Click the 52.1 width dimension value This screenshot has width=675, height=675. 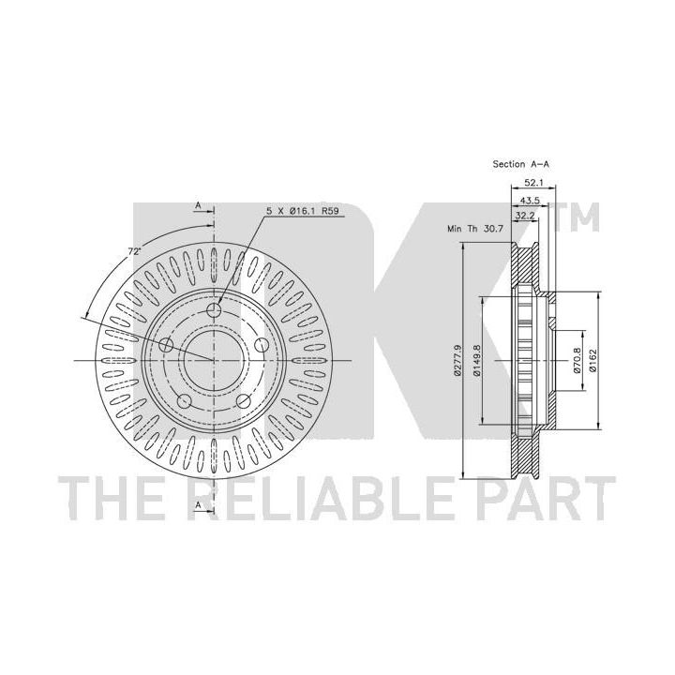click(x=533, y=183)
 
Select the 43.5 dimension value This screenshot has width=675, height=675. click(x=530, y=201)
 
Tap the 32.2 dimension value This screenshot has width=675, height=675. click(x=525, y=216)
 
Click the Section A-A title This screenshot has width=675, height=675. click(x=521, y=164)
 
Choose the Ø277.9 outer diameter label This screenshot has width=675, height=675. click(x=457, y=360)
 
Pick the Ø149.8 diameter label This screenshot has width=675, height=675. click(x=476, y=360)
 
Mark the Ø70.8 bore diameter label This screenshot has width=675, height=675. click(x=577, y=360)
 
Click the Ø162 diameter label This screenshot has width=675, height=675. click(x=592, y=360)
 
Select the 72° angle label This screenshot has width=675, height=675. click(x=134, y=251)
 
